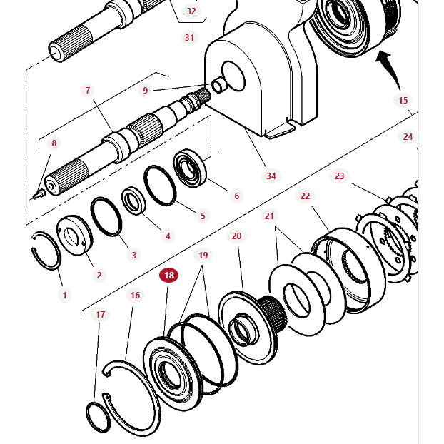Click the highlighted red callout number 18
(169, 275)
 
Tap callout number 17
(101, 314)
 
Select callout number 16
(135, 295)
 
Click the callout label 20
(237, 236)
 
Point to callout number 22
(305, 196)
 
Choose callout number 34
(271, 176)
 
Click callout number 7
(88, 91)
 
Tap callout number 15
(403, 101)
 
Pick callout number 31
(190, 37)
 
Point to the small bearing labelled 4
(134, 200)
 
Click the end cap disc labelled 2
(74, 233)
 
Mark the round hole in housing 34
(232, 71)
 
